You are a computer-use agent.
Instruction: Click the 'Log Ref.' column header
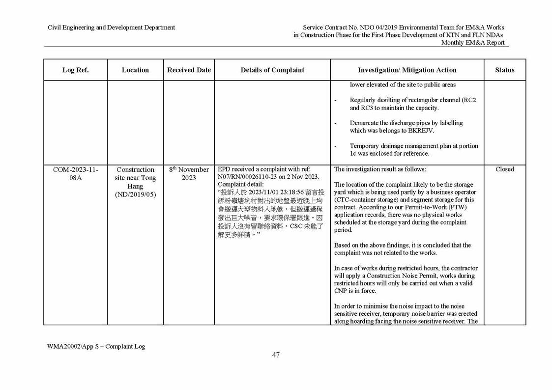[75, 70]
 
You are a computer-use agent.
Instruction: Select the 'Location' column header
[135, 70]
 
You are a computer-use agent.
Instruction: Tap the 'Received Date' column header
[189, 70]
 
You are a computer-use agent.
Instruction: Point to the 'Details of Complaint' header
[272, 70]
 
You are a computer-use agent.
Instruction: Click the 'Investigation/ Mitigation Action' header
[407, 70]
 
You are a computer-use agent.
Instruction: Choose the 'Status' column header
[504, 70]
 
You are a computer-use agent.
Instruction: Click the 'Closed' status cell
[504, 169]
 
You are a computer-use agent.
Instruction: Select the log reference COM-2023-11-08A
[75, 173]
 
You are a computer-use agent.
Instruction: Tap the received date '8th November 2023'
[189, 173]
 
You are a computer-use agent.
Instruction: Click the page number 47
[276, 355]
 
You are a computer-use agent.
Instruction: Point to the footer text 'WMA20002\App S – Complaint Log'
[96, 346]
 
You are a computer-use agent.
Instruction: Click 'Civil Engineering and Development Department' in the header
[111, 28]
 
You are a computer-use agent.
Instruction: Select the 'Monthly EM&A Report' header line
[472, 43]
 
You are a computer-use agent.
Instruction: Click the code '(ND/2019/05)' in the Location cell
[135, 195]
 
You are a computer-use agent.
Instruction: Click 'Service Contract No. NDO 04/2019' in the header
[350, 28]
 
